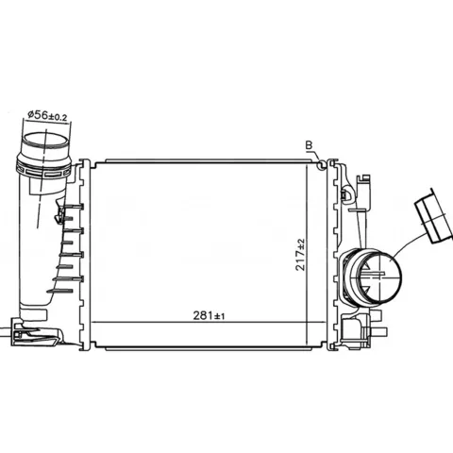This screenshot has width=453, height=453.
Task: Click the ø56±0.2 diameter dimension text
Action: (x=47, y=115)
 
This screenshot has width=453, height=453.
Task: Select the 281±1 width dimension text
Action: (x=209, y=315)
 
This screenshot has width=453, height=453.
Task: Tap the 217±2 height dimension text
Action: (x=300, y=255)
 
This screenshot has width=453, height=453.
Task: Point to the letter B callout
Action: (x=310, y=145)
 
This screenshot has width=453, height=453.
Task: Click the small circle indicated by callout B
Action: (x=321, y=164)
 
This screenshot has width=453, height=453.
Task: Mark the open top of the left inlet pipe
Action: (x=44, y=140)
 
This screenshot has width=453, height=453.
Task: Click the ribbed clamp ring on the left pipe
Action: (x=43, y=169)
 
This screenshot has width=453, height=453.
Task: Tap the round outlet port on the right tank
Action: (x=376, y=277)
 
